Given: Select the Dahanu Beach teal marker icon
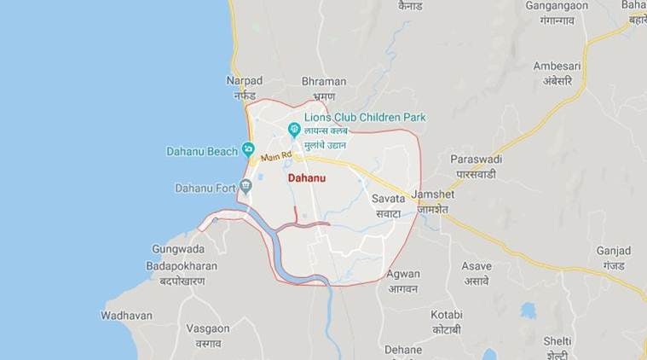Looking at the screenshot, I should click(249, 150).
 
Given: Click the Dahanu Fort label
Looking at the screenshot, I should click(203, 188).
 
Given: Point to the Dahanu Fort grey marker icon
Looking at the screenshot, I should click(246, 188).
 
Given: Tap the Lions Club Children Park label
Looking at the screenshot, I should click(366, 117).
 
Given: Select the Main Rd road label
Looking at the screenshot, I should click(276, 158).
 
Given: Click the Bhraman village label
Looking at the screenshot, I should click(324, 81).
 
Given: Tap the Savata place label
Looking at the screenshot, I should click(388, 198).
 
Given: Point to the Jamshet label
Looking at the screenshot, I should click(432, 194).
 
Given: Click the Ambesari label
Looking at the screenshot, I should click(557, 66).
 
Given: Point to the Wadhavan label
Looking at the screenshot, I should click(126, 315).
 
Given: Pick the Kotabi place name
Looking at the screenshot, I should click(447, 314).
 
